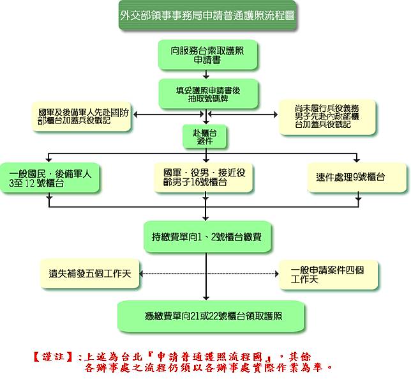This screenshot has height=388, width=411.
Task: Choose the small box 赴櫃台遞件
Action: [205, 137]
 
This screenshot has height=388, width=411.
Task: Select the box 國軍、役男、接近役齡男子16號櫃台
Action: [205, 178]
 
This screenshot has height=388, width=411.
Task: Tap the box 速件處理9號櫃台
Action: [359, 176]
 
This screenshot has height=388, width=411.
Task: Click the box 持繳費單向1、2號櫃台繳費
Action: [206, 238]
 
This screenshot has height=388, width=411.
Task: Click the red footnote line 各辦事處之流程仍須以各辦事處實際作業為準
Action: [207, 369]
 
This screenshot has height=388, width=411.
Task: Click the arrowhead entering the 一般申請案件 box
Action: [276, 274]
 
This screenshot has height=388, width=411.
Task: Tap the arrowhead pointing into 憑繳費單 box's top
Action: [206, 299]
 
